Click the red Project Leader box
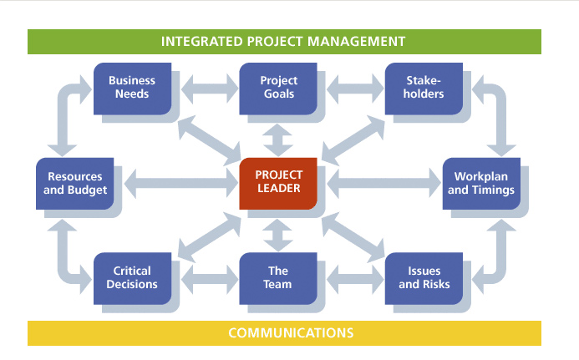[278, 182]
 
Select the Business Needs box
[131, 87]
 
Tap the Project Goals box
[278, 87]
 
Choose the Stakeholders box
[424, 87]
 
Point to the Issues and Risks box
[424, 277]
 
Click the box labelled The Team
[278, 277]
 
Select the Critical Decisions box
[131, 277]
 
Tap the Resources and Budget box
[75, 183]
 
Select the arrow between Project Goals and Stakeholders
[351, 86]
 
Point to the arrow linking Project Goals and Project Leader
[278, 136]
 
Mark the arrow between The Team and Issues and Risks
[351, 277]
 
